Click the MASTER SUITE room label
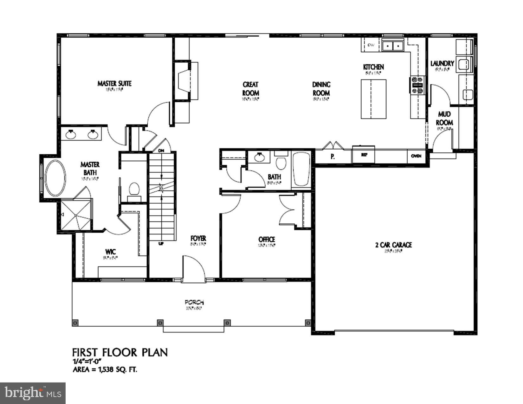[114, 84]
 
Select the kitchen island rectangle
[374, 99]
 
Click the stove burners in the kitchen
[417, 85]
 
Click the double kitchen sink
[393, 46]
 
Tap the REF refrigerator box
[364, 155]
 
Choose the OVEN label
[416, 156]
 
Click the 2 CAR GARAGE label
[393, 245]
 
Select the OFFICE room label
[267, 240]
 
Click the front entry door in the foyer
[194, 269]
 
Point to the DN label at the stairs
[161, 151]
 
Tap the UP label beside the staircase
[161, 244]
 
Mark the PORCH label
[194, 302]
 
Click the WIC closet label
[110, 252]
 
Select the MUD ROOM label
[444, 118]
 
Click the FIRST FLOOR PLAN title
[120, 352]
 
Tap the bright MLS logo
[33, 393]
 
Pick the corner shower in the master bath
[76, 215]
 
